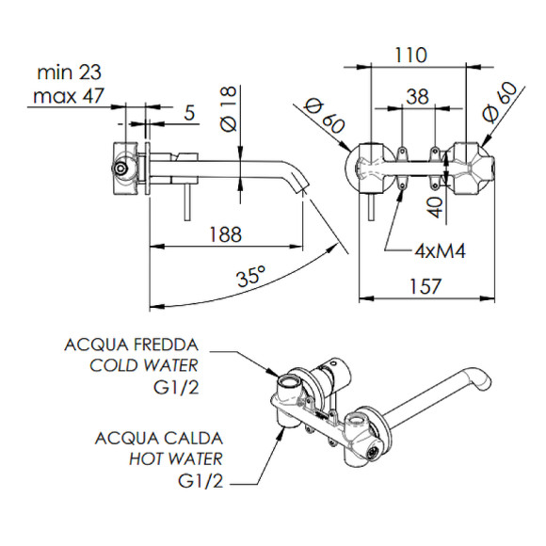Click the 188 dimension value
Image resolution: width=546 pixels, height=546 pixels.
(x=225, y=234)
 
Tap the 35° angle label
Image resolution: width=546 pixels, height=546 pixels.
(x=251, y=275)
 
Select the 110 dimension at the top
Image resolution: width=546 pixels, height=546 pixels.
(x=410, y=55)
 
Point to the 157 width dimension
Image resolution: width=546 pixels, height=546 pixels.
(x=425, y=286)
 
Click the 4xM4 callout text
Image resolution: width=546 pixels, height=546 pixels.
(x=440, y=250)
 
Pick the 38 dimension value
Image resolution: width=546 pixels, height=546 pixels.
(x=418, y=96)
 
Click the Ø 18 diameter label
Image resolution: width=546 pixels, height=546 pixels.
(x=229, y=109)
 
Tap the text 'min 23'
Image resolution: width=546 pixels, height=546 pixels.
(x=69, y=72)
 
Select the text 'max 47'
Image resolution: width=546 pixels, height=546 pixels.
(x=68, y=95)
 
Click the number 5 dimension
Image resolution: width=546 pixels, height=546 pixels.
(x=188, y=112)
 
